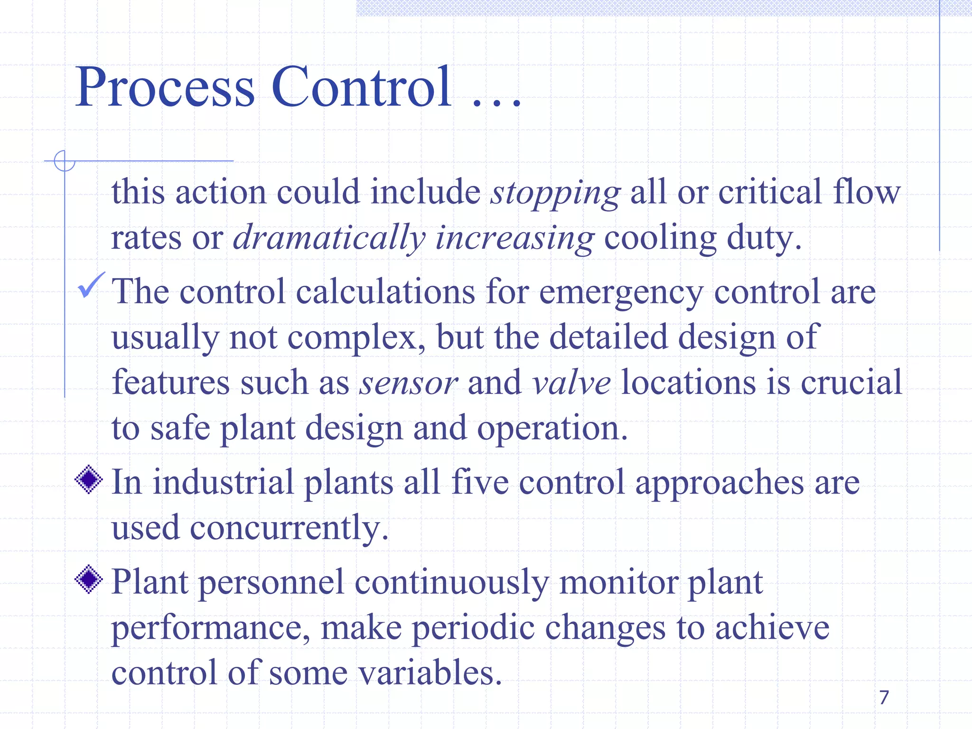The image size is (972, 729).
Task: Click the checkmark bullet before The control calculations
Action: tap(90, 285)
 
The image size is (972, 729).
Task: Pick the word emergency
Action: tap(621, 293)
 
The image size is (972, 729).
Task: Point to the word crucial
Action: tap(851, 383)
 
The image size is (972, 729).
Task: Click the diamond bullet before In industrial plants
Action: tap(89, 480)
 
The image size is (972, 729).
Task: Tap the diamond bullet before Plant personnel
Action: tap(89, 579)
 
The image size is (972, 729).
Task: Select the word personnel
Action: tap(271, 583)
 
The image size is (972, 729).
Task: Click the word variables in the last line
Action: tap(429, 673)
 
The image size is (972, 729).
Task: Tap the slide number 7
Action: tap(884, 697)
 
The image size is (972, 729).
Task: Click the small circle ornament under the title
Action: tap(65, 161)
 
